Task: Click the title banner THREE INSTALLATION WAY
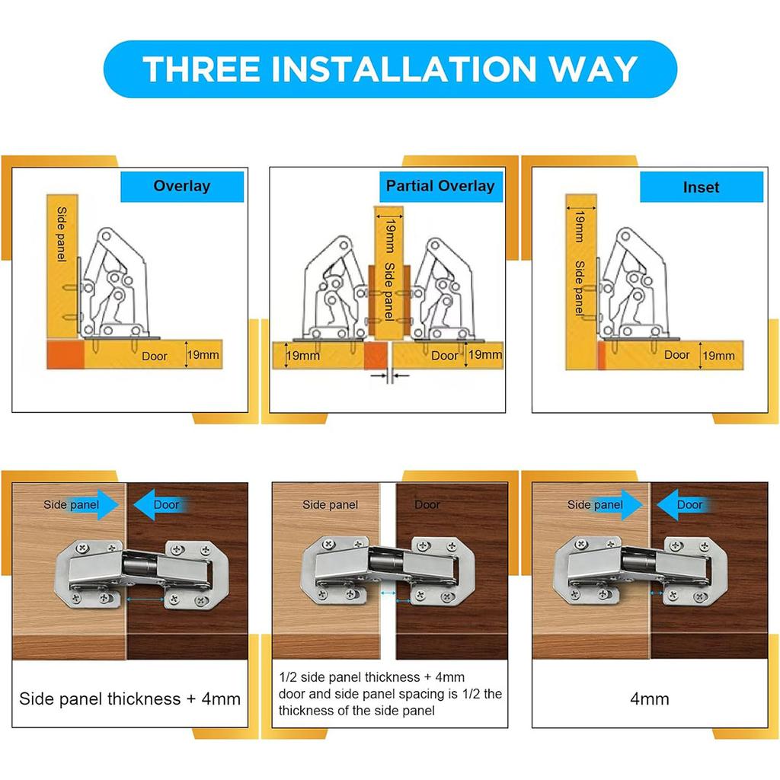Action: point(390,69)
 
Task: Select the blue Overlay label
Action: point(181,187)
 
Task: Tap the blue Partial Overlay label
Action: point(440,186)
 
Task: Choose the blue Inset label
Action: point(701,187)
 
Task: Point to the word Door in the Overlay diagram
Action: point(154,355)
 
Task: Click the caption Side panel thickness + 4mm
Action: point(129,698)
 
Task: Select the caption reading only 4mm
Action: point(649,698)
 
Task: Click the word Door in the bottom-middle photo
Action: point(427,504)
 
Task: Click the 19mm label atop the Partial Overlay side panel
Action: point(389,227)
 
